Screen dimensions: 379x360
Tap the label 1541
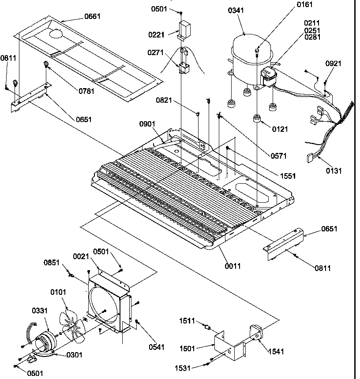coord(276,351)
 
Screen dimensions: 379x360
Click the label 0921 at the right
coord(334,64)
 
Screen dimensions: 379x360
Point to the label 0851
coord(52,263)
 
